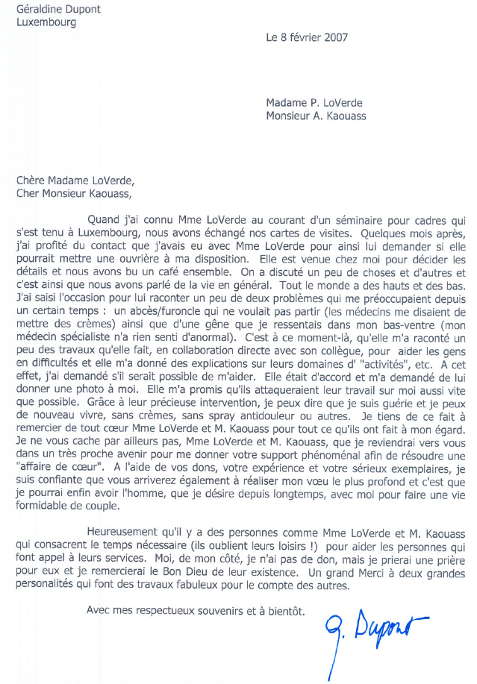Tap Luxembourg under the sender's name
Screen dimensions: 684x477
[46, 22]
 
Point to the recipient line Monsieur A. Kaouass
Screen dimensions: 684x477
[316, 116]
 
